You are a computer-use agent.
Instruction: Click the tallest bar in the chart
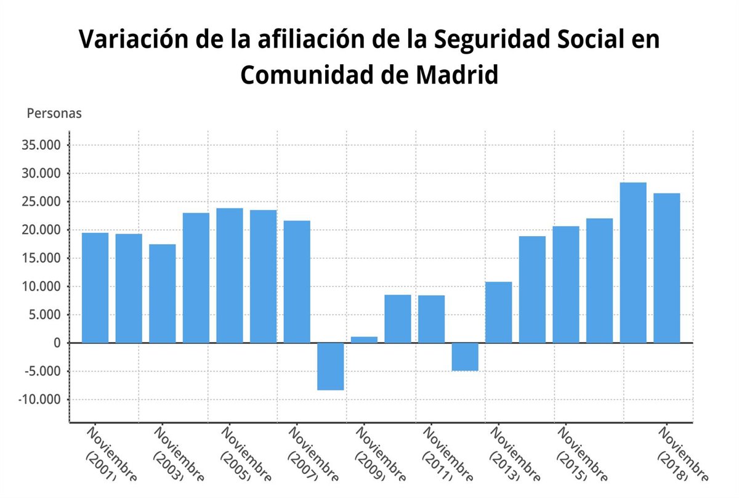[x=633, y=263]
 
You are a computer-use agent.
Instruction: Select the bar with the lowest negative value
[x=331, y=367]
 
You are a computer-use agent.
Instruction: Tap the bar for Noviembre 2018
[x=667, y=268]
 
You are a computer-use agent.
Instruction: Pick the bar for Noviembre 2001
[x=95, y=288]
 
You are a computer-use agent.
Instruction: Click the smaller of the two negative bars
[x=465, y=357]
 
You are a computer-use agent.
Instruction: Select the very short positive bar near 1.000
[x=364, y=340]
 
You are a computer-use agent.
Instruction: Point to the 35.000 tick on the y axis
[x=43, y=145]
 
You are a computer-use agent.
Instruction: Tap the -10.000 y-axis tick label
[x=41, y=400]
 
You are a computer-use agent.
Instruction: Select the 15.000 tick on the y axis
[x=43, y=259]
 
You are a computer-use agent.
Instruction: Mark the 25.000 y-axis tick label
[x=43, y=202]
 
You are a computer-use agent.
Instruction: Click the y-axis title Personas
[x=54, y=114]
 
